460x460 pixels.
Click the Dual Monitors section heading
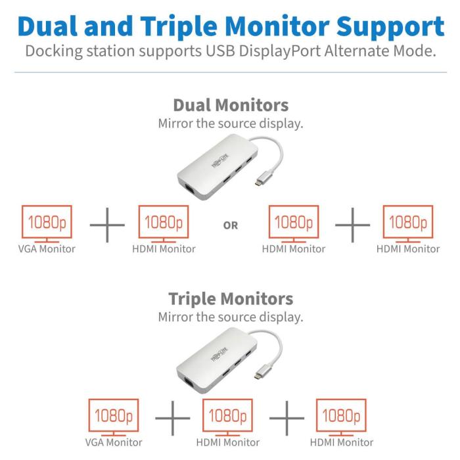pos(230,105)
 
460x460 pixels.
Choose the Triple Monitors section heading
pos(230,299)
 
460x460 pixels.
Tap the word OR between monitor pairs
pos(231,225)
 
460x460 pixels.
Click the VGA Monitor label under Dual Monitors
pos(46,249)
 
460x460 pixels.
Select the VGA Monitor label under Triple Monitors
pos(114,442)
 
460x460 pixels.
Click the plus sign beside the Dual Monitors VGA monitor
pos(106,225)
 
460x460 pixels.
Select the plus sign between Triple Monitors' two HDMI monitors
pos(287,418)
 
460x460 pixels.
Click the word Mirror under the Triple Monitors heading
pos(175,317)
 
